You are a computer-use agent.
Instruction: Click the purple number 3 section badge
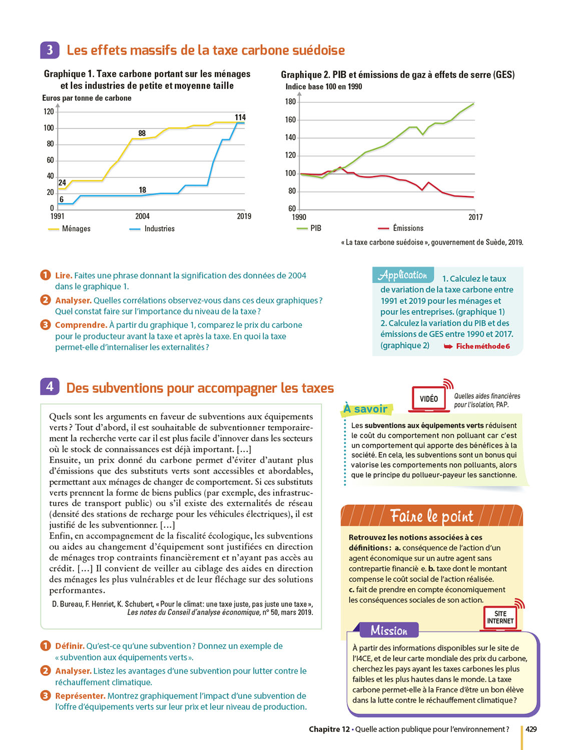tap(50, 50)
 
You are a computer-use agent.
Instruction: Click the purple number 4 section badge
tap(50, 386)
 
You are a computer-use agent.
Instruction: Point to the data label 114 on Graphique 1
tap(240, 117)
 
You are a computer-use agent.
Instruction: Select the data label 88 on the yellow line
tap(142, 133)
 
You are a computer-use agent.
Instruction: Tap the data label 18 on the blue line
tap(143, 190)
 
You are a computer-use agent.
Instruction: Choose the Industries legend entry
tap(153, 229)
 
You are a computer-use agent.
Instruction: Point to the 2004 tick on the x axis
tap(142, 216)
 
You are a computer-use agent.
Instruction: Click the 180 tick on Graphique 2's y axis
tap(290, 102)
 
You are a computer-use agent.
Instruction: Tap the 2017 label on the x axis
tap(475, 217)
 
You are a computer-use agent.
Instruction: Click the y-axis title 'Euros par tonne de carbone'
tap(87, 98)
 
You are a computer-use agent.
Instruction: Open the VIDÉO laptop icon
tap(429, 399)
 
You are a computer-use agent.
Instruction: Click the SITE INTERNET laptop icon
tap(500, 618)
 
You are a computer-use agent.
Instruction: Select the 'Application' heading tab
tap(403, 275)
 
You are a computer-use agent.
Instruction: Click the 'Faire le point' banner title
tap(431, 515)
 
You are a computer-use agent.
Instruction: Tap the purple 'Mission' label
tap(389, 630)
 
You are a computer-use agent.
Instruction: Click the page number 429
tap(531, 729)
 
